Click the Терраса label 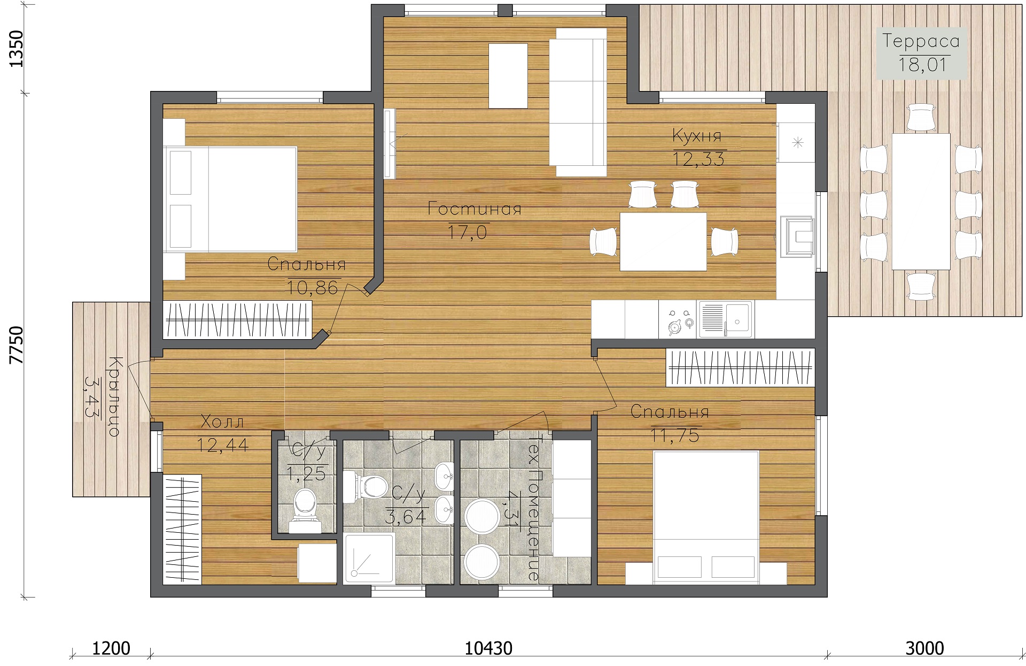click(x=921, y=41)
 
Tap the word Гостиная click(x=475, y=209)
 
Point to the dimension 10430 click(x=488, y=648)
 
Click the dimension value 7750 click(x=17, y=345)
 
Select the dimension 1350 click(x=17, y=49)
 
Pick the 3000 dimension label click(x=924, y=648)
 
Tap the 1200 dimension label click(x=111, y=648)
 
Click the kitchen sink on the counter click(x=725, y=319)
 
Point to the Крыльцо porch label click(x=114, y=396)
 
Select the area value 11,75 click(x=675, y=436)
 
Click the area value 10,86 click(x=313, y=288)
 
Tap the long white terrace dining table click(x=921, y=201)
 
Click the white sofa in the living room click(x=581, y=102)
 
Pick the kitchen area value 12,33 click(x=699, y=159)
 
